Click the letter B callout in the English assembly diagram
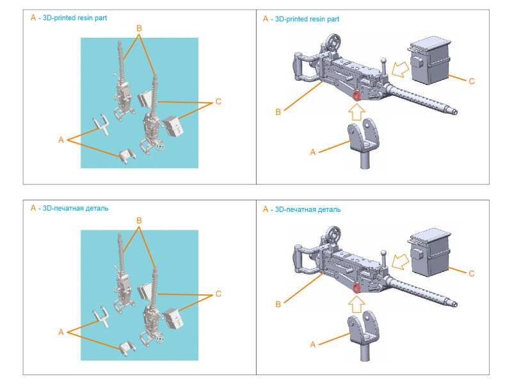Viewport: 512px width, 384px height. (x=278, y=113)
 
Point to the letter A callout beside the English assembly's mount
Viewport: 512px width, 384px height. (x=313, y=152)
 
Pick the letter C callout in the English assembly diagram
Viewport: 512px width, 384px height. (x=472, y=81)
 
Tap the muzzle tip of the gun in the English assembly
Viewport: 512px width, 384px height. (x=456, y=110)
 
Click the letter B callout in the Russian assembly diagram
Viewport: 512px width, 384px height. (x=278, y=305)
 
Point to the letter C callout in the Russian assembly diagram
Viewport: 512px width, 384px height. (x=472, y=273)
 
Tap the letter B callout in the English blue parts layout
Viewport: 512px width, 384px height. (x=138, y=28)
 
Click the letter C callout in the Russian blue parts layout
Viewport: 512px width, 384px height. (x=219, y=294)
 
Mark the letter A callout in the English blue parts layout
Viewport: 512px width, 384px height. (x=61, y=140)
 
